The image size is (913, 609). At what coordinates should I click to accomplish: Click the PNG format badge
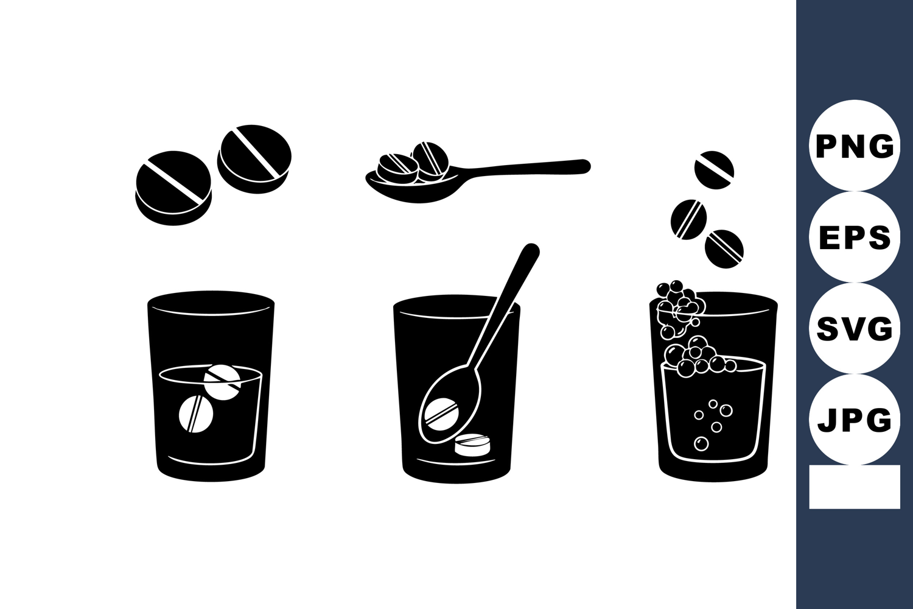(855, 145)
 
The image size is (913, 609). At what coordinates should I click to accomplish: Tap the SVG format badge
(855, 328)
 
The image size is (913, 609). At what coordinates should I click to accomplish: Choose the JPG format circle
(855, 420)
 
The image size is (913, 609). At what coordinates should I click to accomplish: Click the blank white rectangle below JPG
(855, 487)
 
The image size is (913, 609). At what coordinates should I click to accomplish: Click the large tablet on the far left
(173, 188)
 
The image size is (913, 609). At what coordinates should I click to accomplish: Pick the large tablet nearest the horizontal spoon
(254, 159)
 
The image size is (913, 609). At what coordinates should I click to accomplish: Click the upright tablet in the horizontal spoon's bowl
(430, 161)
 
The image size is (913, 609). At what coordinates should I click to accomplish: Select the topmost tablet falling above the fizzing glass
(714, 170)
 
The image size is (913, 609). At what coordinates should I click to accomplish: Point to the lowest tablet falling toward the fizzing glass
(724, 249)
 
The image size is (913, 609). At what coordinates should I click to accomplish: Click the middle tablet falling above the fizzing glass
(688, 219)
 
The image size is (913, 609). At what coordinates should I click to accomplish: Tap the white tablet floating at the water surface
(222, 382)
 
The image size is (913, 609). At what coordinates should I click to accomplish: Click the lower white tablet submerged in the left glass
(195, 414)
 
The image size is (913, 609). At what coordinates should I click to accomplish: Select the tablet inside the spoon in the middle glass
(442, 414)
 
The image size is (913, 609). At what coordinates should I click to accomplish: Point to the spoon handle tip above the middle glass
(531, 250)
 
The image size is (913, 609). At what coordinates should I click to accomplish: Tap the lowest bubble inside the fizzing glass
(701, 443)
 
